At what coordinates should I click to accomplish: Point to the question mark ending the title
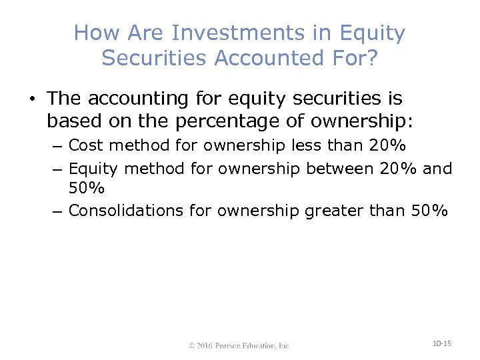click(x=371, y=58)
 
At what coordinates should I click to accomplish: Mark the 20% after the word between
click(x=399, y=169)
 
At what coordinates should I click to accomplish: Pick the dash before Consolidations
click(x=58, y=211)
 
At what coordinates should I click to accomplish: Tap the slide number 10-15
click(x=441, y=343)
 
